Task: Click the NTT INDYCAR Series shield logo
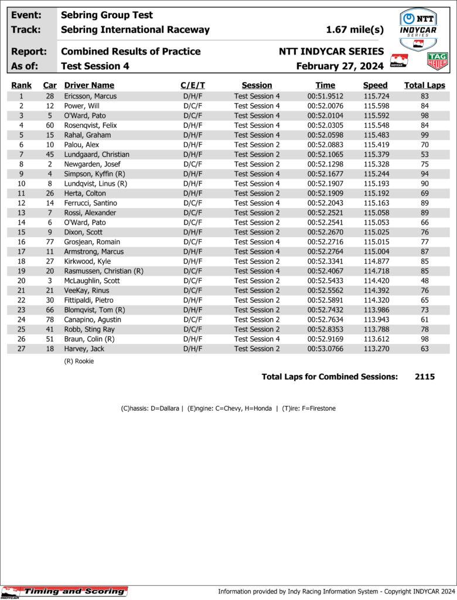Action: point(418,29)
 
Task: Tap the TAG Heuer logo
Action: point(437,60)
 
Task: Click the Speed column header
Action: point(375,86)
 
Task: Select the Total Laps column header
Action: point(424,86)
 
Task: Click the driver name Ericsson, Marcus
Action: point(90,96)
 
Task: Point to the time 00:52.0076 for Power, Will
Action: point(325,106)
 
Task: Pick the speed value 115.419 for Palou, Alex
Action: point(375,145)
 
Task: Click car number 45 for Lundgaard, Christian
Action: point(50,155)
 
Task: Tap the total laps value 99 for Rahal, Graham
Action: point(425,135)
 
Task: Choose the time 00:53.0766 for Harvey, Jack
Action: point(325,349)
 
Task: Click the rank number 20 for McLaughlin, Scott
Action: point(21,281)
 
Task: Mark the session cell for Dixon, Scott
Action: point(257,232)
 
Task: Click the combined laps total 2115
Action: point(424,377)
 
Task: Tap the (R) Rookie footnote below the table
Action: point(79,362)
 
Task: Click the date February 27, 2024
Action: point(340,66)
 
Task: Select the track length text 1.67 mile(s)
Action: point(354,30)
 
